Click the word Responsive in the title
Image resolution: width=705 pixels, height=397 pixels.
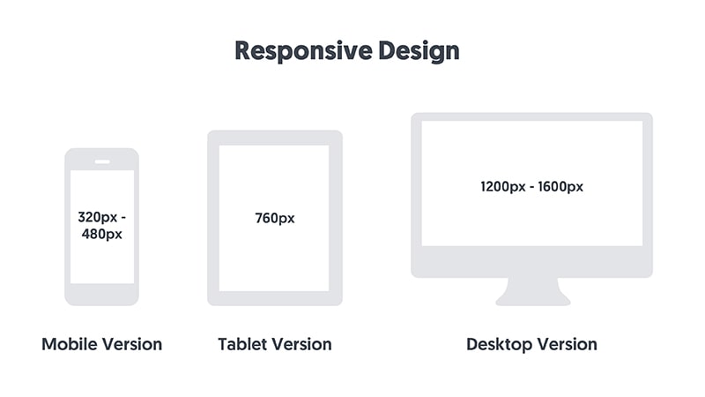tap(303, 51)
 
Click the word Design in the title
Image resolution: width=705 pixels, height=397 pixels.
tap(419, 51)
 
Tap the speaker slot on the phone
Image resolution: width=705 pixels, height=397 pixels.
tap(102, 162)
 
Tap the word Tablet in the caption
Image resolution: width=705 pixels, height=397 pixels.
tap(244, 344)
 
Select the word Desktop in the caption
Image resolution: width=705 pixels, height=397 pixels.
tap(499, 345)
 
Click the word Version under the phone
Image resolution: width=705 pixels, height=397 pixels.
tap(131, 344)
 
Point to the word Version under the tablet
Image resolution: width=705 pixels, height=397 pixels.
tap(303, 344)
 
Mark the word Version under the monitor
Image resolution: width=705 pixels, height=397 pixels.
tap(568, 344)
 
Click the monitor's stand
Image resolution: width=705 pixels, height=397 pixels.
tap(533, 292)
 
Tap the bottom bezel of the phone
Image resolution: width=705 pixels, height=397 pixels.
tap(101, 295)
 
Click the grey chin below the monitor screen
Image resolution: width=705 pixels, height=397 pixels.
tap(532, 261)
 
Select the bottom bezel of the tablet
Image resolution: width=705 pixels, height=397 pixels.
tap(275, 298)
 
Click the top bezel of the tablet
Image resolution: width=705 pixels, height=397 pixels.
tap(275, 138)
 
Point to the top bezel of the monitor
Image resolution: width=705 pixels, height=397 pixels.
tap(532, 116)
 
